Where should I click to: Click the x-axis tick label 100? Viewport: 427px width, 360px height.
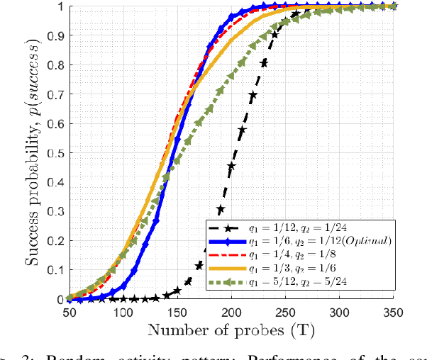coord(123,313)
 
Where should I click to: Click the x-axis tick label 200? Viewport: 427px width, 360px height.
coord(232,313)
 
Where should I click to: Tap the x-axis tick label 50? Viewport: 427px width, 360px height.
coord(70,313)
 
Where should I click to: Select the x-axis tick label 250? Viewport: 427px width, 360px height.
coord(286,313)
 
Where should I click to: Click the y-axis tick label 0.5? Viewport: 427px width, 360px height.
coord(55,153)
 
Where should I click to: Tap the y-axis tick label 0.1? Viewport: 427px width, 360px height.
coord(55,270)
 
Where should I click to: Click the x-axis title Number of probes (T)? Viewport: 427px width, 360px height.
coord(232,330)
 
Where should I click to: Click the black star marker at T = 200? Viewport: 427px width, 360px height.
coord(231,167)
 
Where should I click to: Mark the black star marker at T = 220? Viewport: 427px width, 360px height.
coord(253,94)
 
